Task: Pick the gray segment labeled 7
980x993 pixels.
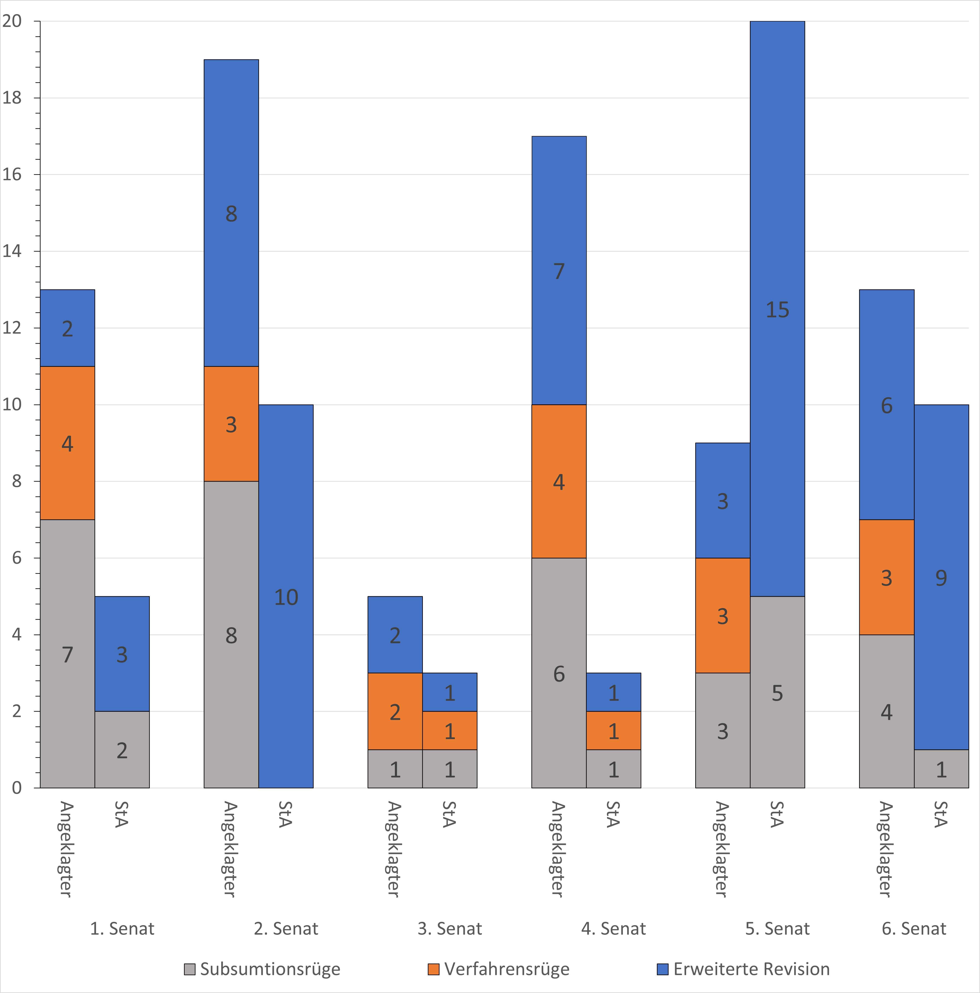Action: click(x=67, y=654)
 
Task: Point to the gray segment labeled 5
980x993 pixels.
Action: click(x=777, y=692)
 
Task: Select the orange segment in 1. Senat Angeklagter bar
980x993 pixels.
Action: click(x=67, y=443)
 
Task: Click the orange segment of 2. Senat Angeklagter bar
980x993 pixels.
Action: click(x=231, y=424)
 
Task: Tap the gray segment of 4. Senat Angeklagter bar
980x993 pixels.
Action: click(x=559, y=673)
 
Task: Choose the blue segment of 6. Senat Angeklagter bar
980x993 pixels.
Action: click(x=887, y=405)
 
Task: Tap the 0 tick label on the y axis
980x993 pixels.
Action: click(x=17, y=788)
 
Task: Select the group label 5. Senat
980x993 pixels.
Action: click(x=777, y=929)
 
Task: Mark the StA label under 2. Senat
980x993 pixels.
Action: click(x=286, y=815)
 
